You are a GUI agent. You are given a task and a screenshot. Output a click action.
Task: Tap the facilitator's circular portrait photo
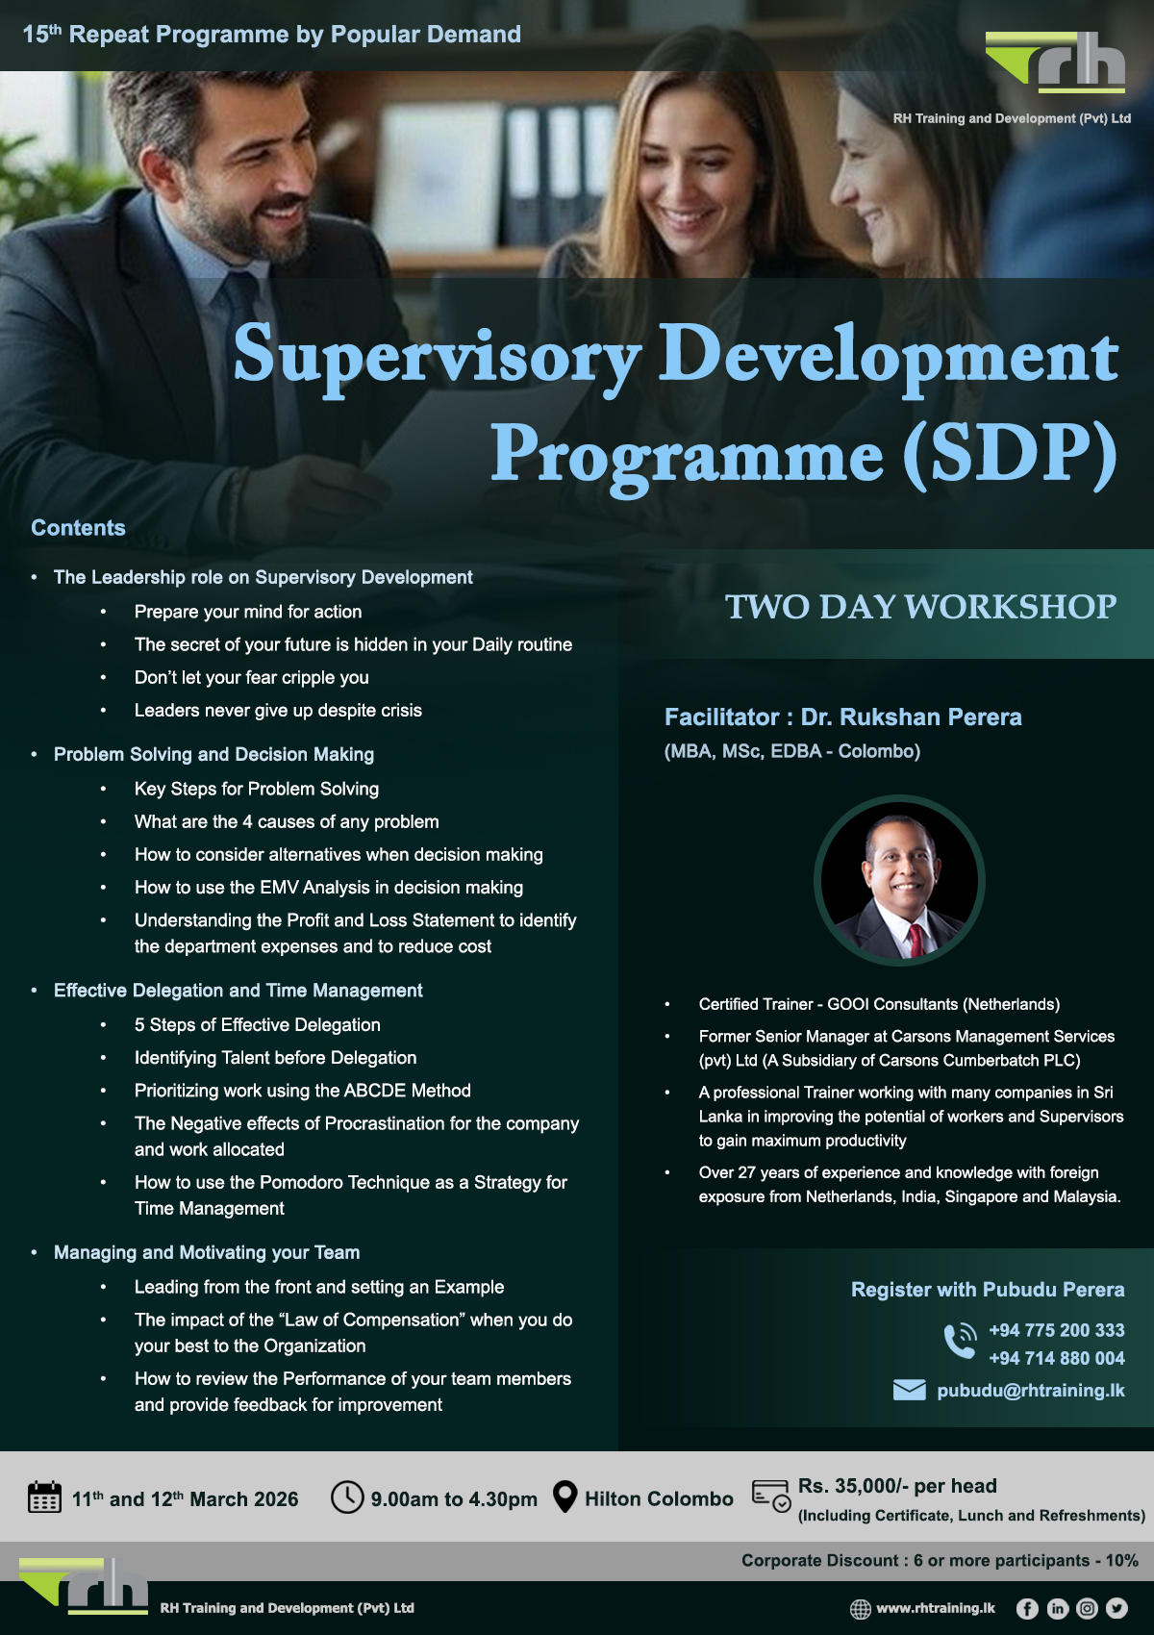(x=899, y=880)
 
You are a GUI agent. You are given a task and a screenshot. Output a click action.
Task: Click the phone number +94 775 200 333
(x=1056, y=1330)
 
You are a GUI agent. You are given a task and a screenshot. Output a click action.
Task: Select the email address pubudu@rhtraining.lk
(x=1030, y=1390)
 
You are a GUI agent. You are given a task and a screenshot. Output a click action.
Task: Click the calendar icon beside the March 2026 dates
(x=44, y=1497)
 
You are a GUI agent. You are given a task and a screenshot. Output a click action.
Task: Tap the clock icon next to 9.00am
(x=346, y=1497)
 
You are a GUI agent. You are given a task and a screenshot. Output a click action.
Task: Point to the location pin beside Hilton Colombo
(x=564, y=1497)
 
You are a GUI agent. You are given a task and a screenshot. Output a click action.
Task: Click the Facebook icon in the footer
(x=1027, y=1608)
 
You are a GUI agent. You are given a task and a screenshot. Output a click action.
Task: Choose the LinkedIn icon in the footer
(x=1057, y=1608)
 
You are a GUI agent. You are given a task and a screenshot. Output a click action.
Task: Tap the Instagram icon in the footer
(x=1087, y=1608)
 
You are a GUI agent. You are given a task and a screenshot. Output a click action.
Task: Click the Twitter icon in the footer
(x=1116, y=1608)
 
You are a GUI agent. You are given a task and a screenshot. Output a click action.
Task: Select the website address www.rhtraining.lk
(x=935, y=1608)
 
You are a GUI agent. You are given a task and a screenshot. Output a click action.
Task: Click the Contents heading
(x=78, y=528)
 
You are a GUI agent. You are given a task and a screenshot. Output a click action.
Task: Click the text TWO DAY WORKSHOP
(x=920, y=607)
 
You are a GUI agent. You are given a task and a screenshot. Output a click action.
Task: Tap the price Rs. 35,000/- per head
(x=896, y=1486)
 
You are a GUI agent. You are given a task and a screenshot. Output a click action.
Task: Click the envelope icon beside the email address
(x=909, y=1390)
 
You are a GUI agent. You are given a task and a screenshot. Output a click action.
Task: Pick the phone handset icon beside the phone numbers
(x=960, y=1341)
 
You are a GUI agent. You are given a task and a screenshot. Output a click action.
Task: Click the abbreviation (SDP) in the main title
(x=1010, y=453)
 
